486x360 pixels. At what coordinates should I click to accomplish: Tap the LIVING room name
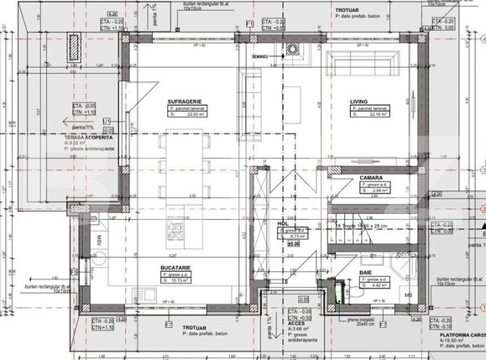tap(359, 101)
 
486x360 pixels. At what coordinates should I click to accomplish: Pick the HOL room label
tap(283, 224)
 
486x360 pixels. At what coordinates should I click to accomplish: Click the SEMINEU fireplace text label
tap(259, 55)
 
